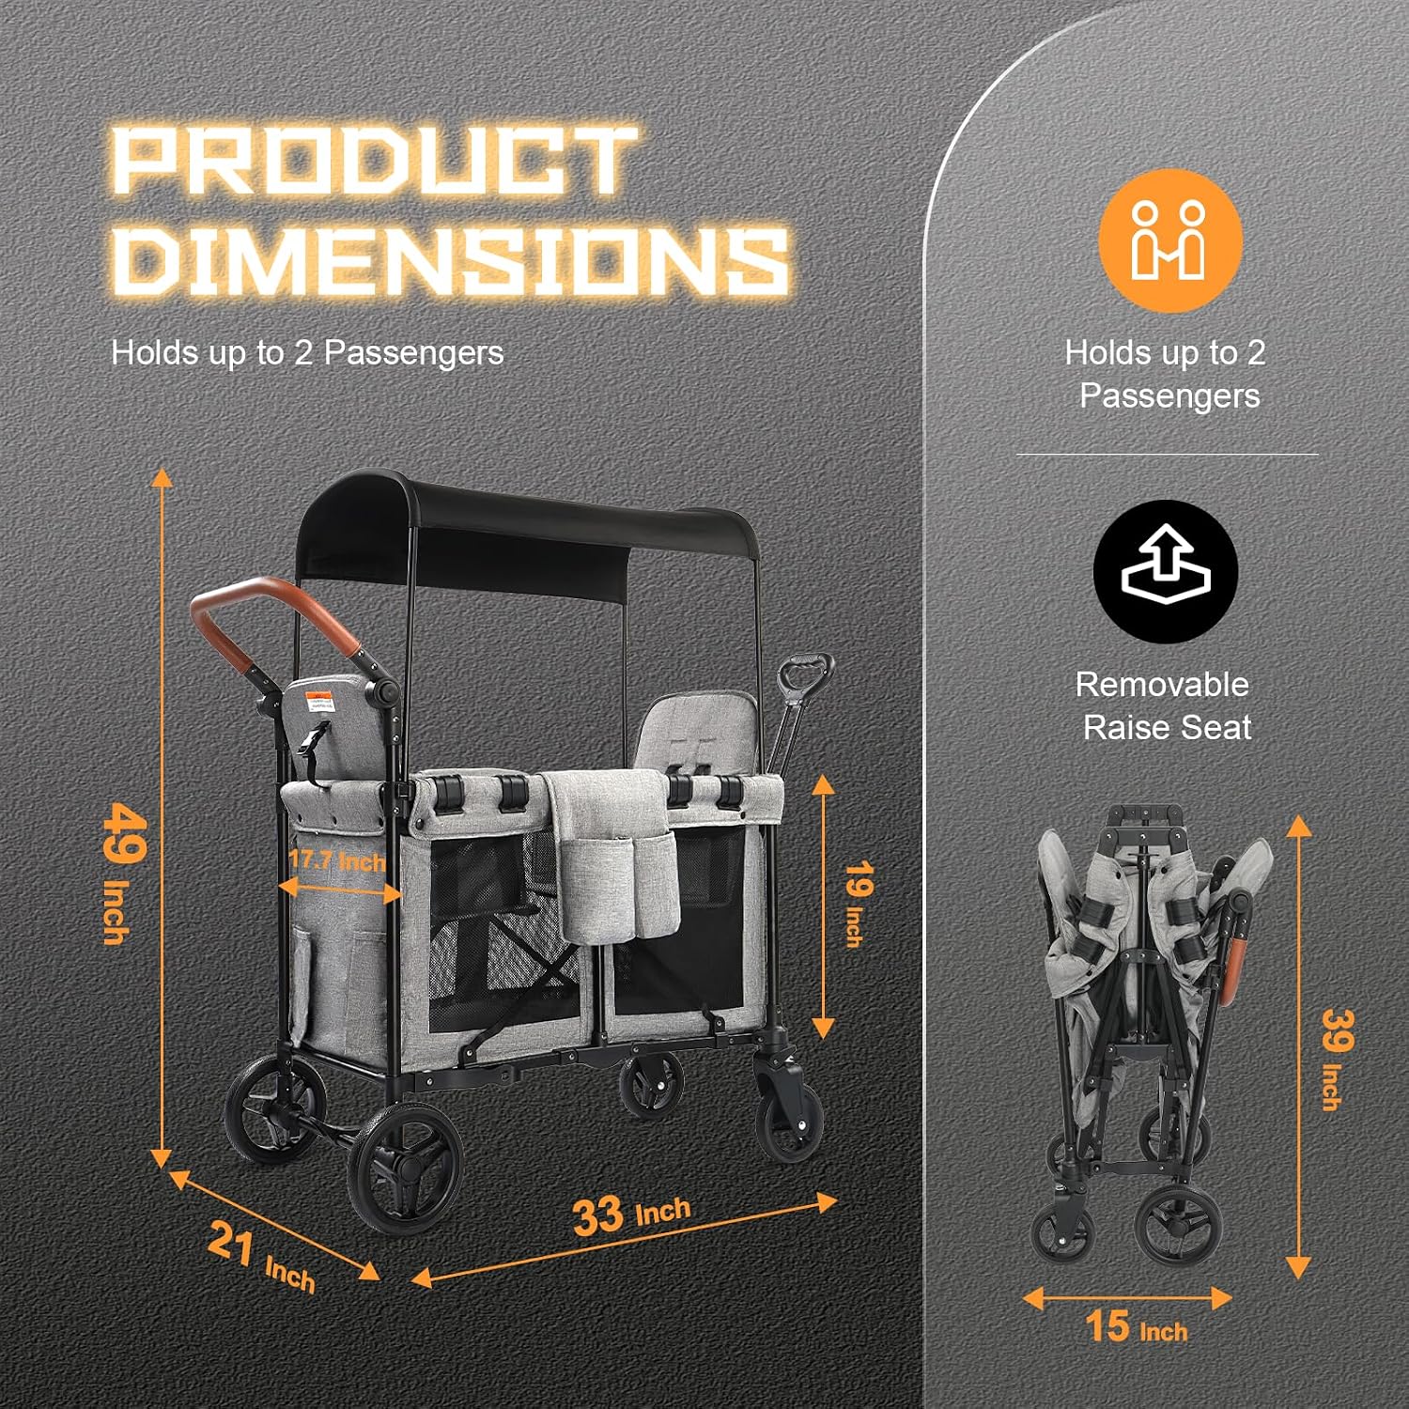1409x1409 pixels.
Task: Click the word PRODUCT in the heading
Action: pyautogui.click(x=374, y=162)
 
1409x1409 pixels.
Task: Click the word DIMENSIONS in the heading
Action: pyautogui.click(x=450, y=257)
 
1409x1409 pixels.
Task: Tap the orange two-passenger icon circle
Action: pyautogui.click(x=1170, y=240)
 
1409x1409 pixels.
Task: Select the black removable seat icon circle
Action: pyautogui.click(x=1166, y=571)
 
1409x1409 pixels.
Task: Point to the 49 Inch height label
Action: pyautogui.click(x=122, y=872)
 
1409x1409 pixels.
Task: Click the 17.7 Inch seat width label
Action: pyautogui.click(x=336, y=860)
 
